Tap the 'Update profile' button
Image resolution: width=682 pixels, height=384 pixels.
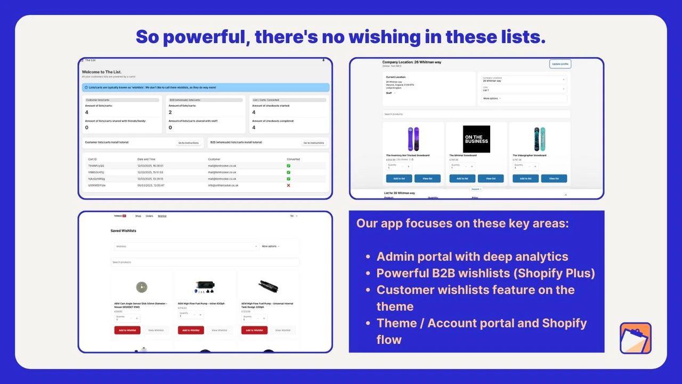(560, 64)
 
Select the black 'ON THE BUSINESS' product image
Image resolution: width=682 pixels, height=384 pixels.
(476, 139)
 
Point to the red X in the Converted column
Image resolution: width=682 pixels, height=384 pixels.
(288, 186)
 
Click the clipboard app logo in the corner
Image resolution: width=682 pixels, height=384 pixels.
(635, 338)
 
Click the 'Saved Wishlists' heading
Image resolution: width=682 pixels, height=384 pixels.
(123, 231)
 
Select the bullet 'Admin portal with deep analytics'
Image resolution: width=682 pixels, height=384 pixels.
(472, 257)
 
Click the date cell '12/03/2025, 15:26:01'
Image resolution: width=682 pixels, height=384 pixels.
(150, 166)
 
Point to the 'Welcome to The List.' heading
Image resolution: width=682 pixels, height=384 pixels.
(102, 72)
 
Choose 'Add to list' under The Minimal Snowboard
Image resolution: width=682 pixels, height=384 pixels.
(462, 179)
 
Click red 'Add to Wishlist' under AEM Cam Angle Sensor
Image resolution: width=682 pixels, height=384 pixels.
(127, 330)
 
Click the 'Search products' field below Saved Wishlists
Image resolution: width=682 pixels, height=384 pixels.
(205, 262)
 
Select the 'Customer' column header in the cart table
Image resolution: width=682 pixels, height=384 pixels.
(214, 159)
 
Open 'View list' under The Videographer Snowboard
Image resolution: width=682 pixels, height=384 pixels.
(554, 179)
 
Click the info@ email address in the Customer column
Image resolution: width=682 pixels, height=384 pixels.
(223, 186)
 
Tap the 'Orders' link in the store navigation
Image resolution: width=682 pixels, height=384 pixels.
(149, 216)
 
